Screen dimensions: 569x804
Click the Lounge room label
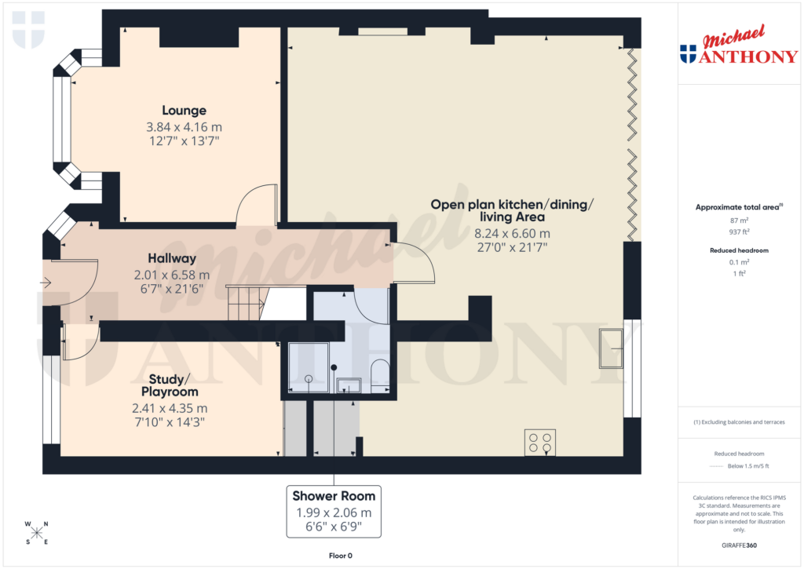[x=184, y=111]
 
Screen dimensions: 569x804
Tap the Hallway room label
[x=172, y=258]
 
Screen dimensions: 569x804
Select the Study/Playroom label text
[x=170, y=385]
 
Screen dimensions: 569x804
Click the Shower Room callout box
[x=334, y=512]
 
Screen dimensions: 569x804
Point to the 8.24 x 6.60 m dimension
[x=512, y=233]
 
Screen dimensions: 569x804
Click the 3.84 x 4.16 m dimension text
[x=184, y=126]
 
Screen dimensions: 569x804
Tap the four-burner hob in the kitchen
[x=540, y=443]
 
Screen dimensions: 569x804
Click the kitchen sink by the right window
[x=611, y=348]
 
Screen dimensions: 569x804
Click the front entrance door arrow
[x=46, y=283]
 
